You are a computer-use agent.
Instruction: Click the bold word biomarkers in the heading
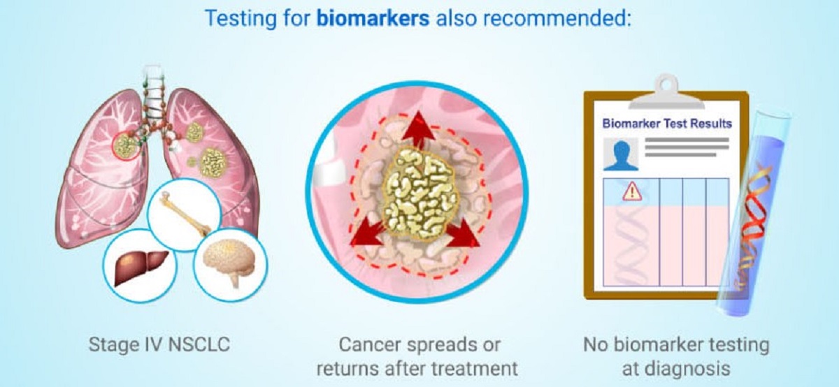coord(373,18)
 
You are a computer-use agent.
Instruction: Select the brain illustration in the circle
coord(229,263)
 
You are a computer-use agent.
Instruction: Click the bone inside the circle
coord(184,212)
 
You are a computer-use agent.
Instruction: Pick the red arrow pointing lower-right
coord(463,233)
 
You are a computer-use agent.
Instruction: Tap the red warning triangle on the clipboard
coord(632,191)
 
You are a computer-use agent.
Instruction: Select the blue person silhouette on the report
coord(621,155)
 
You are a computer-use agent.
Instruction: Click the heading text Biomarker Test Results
coord(667,123)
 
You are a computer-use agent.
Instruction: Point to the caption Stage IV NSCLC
coord(159,344)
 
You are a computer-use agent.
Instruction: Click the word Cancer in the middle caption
coord(370,344)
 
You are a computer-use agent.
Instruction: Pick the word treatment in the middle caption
coord(472,368)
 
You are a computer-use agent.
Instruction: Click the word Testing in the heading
coord(241,19)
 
